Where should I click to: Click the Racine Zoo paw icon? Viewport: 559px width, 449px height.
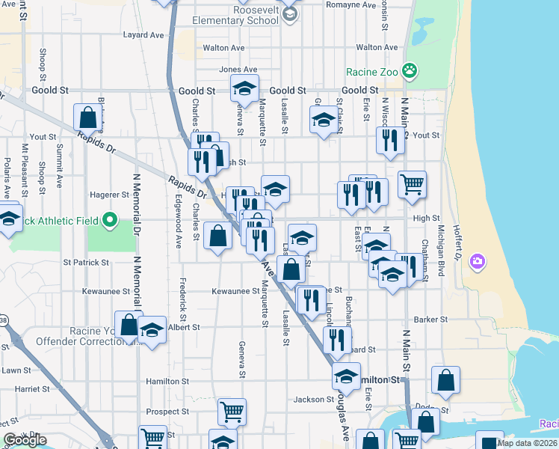[x=409, y=72]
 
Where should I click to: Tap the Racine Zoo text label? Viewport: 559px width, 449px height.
[x=371, y=73]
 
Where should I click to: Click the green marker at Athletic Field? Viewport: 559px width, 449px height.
[x=110, y=220]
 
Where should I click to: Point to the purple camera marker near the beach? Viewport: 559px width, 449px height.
[x=477, y=262]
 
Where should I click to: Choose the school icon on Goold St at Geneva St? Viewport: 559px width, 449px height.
[x=244, y=88]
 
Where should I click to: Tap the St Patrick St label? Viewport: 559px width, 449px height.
[x=86, y=263]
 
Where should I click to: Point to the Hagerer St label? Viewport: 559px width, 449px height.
[x=110, y=195]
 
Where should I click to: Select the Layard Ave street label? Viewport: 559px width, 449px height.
[x=143, y=34]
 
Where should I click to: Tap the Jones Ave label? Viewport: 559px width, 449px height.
[x=232, y=70]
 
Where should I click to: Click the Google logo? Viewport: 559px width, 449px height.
[x=25, y=439]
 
